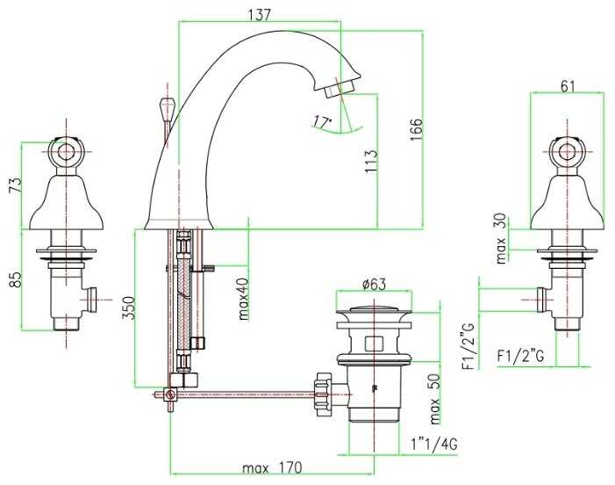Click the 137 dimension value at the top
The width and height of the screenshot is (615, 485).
tap(260, 15)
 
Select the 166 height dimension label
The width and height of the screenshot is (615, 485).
tap(416, 130)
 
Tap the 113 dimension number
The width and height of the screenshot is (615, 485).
tap(370, 162)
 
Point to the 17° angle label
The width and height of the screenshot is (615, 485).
tap(322, 122)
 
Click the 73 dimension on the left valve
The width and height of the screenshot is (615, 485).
tap(15, 186)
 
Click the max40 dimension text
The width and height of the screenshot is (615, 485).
tap(244, 299)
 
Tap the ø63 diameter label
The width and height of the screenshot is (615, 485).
tap(375, 284)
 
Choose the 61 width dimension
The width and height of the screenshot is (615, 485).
tap(567, 86)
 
